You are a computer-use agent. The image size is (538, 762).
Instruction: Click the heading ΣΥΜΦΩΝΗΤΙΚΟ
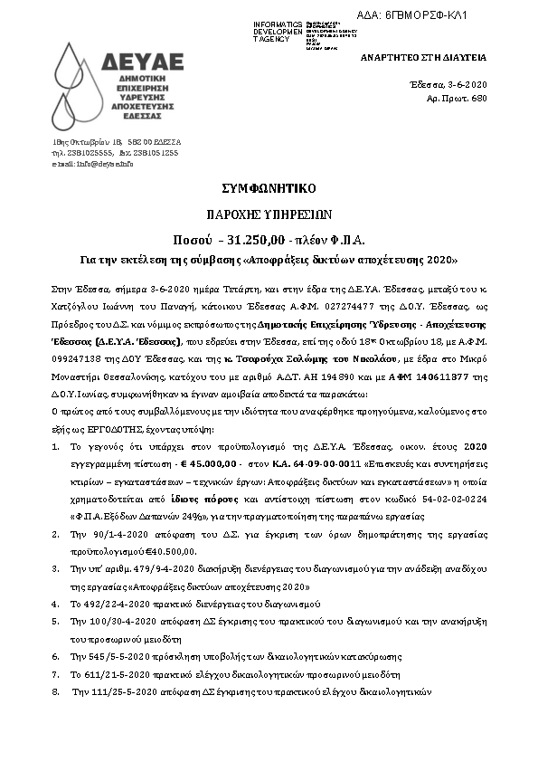click(x=269, y=188)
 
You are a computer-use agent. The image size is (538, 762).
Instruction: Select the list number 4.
click(x=56, y=601)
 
